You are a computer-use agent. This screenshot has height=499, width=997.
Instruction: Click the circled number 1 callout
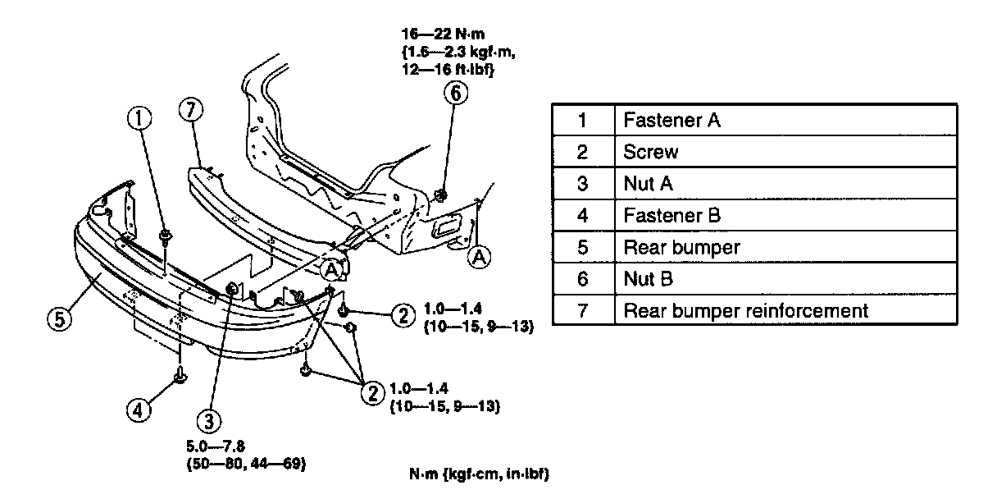click(139, 121)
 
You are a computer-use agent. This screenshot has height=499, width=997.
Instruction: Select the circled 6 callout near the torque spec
click(456, 93)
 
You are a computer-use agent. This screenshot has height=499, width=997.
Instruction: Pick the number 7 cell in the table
click(583, 311)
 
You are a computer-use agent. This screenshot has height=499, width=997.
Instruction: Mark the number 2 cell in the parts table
click(583, 152)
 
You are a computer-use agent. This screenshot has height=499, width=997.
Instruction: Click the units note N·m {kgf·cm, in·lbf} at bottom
click(479, 474)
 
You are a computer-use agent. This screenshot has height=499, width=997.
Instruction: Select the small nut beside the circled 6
click(440, 195)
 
